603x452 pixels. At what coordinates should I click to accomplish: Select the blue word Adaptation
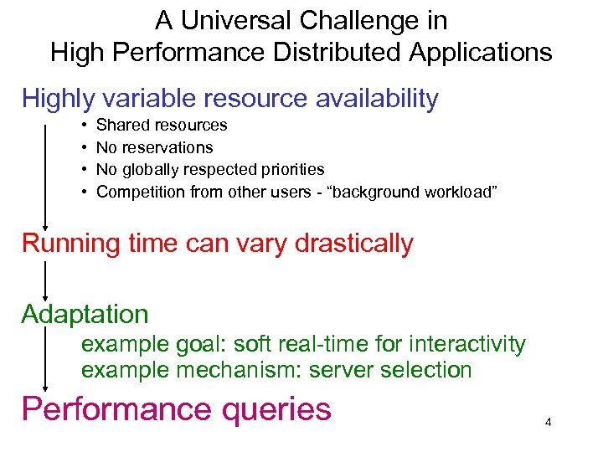click(x=85, y=315)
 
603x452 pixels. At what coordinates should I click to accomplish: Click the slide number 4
click(x=548, y=422)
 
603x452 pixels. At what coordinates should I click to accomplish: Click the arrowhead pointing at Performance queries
click(x=45, y=386)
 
